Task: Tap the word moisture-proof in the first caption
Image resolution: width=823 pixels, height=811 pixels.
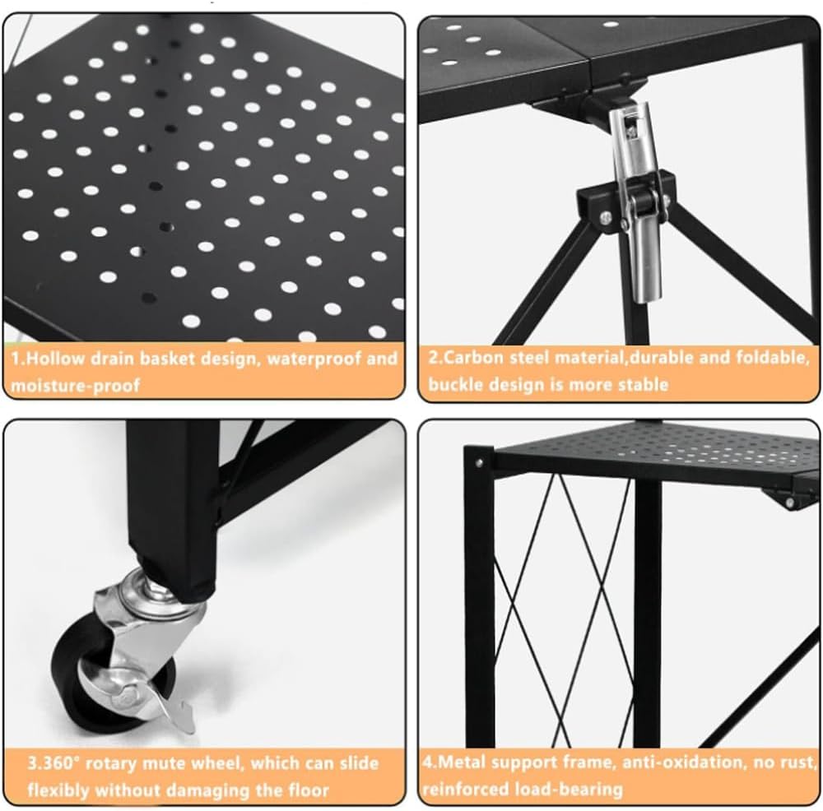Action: coord(75,386)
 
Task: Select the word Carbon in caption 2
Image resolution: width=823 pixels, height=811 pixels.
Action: coord(475,357)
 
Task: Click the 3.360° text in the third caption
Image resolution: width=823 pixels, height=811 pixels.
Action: coord(53,762)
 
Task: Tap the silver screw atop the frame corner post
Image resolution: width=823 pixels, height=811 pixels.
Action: coord(479,462)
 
